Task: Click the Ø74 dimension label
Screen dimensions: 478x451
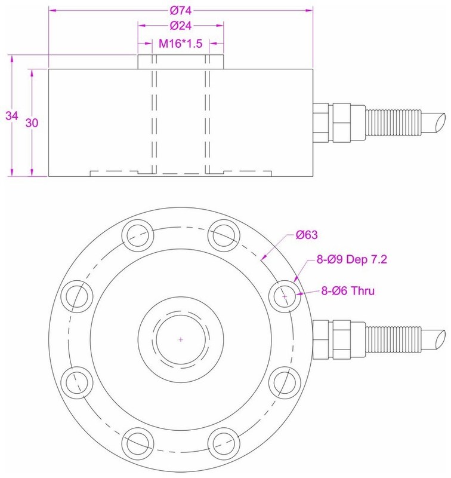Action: [x=180, y=10]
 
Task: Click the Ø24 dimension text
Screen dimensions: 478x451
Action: [x=180, y=26]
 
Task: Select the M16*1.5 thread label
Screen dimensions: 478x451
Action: [x=181, y=43]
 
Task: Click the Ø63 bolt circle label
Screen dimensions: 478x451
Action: [x=307, y=234]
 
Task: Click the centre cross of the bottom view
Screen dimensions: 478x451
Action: [x=181, y=339]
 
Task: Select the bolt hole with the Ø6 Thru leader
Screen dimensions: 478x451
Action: [x=286, y=296]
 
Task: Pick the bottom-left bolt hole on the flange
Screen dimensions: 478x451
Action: [x=137, y=445]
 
